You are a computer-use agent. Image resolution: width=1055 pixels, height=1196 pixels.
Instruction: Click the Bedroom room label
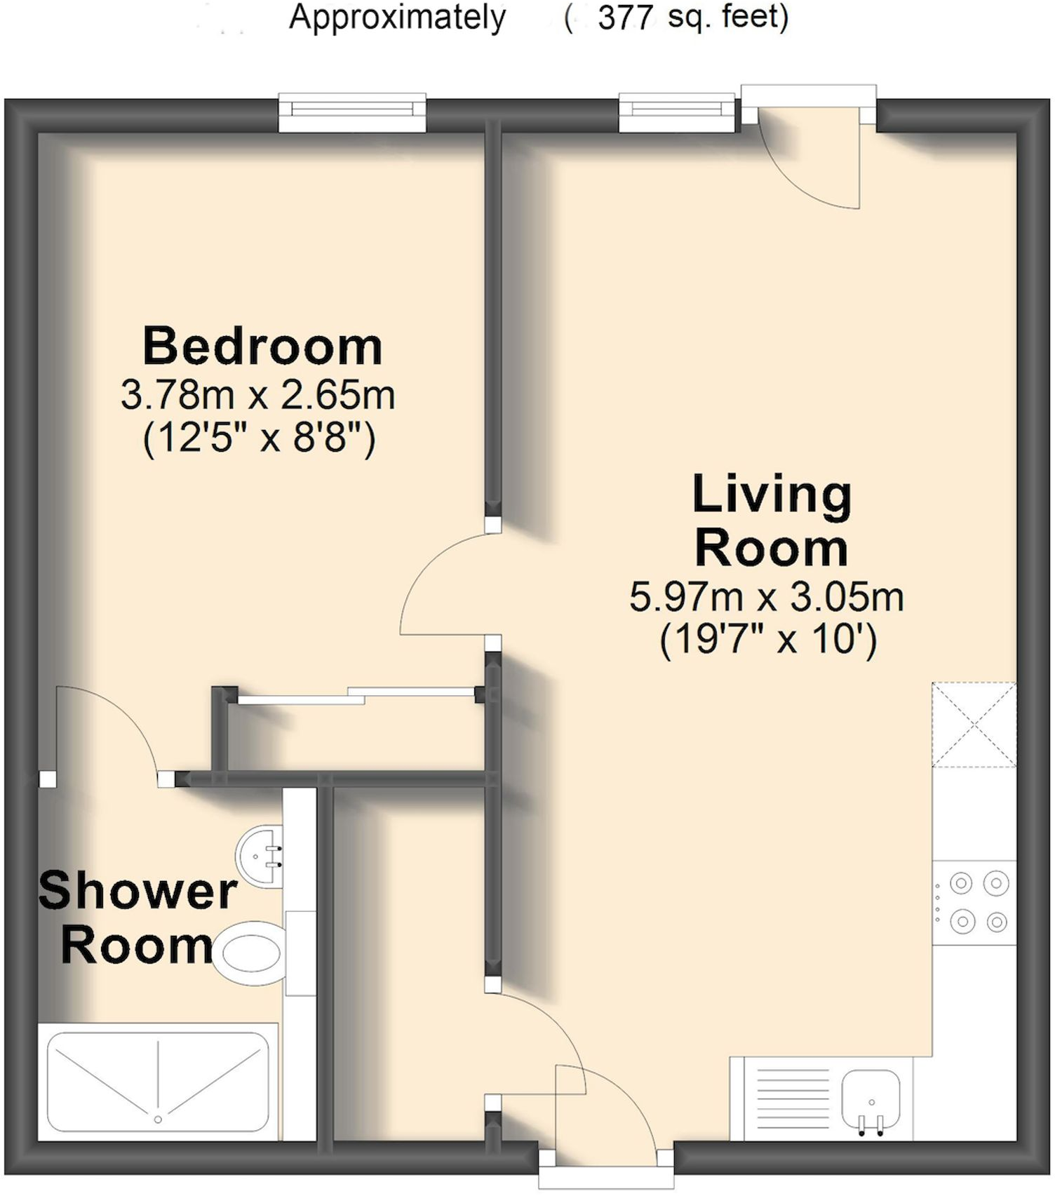point(262,347)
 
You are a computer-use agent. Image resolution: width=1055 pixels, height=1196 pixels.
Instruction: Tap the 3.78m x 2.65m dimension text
point(257,395)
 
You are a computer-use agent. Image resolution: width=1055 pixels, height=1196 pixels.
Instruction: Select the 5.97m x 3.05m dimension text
point(766,598)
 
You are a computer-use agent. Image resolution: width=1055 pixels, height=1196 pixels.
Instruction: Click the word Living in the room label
point(772,495)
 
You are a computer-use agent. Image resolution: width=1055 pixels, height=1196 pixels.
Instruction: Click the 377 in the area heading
point(626,18)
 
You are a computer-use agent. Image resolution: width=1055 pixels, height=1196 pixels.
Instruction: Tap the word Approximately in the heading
point(397,18)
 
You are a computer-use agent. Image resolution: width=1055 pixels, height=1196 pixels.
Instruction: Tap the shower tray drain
point(158,1120)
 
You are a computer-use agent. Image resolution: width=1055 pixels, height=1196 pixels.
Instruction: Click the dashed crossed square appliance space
point(974,725)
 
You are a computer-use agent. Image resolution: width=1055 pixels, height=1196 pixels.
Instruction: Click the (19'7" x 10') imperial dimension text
point(768,639)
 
